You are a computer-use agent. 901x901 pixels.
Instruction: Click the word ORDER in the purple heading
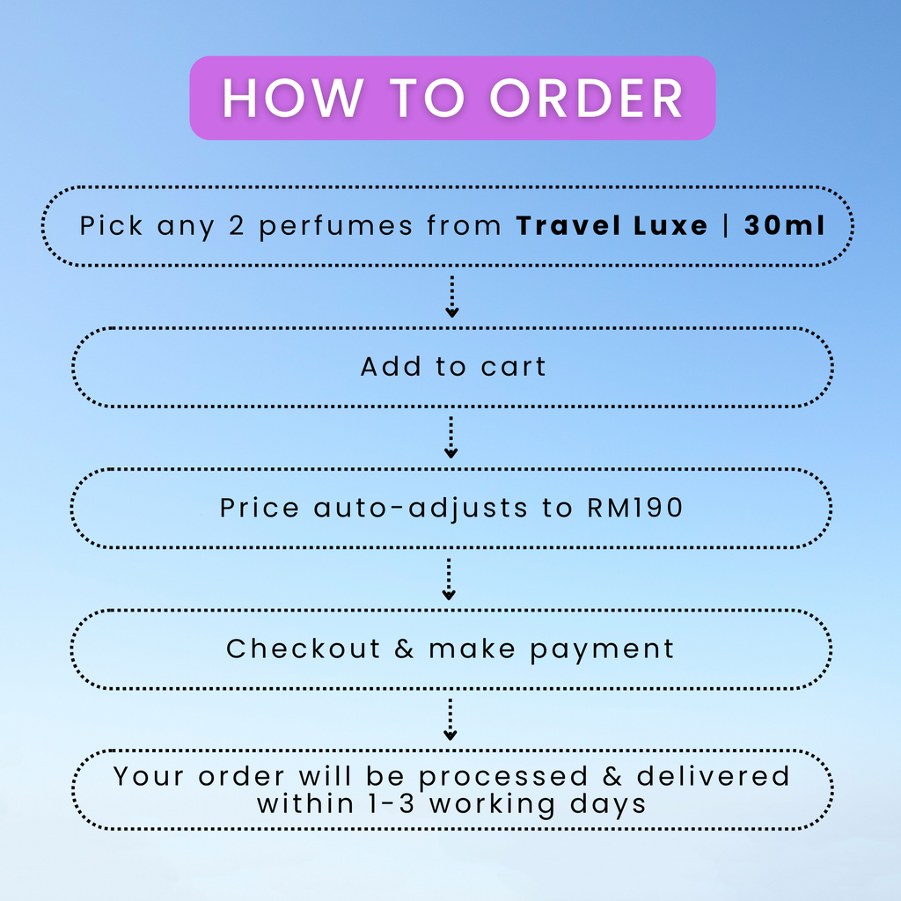click(x=586, y=99)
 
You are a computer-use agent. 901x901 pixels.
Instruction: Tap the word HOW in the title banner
click(x=293, y=99)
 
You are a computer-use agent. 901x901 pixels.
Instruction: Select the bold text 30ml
click(x=784, y=225)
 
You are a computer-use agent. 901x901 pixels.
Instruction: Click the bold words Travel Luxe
click(x=612, y=225)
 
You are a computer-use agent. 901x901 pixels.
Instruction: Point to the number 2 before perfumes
click(x=237, y=225)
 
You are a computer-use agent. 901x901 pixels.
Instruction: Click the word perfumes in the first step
click(x=335, y=227)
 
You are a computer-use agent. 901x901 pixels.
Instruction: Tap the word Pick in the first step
click(x=111, y=225)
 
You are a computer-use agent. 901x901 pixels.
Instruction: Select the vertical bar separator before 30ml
click(x=726, y=224)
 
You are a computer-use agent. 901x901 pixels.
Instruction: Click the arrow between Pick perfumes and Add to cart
click(x=451, y=297)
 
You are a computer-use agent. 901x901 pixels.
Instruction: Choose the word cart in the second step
click(x=513, y=367)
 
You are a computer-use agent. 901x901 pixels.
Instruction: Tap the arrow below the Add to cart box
click(x=451, y=437)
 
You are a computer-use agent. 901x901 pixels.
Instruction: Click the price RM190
click(x=635, y=508)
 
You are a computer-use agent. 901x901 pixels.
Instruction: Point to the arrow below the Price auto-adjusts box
click(x=449, y=579)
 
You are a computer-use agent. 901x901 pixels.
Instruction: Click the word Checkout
click(x=304, y=648)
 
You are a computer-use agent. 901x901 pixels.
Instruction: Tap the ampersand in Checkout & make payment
click(x=404, y=648)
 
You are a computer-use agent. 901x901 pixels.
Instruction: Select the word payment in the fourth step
click(x=602, y=651)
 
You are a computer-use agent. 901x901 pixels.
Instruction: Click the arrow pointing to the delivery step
click(x=450, y=720)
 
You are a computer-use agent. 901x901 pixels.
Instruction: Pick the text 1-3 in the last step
click(x=392, y=804)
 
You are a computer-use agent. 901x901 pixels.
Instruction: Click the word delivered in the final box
click(x=713, y=776)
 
